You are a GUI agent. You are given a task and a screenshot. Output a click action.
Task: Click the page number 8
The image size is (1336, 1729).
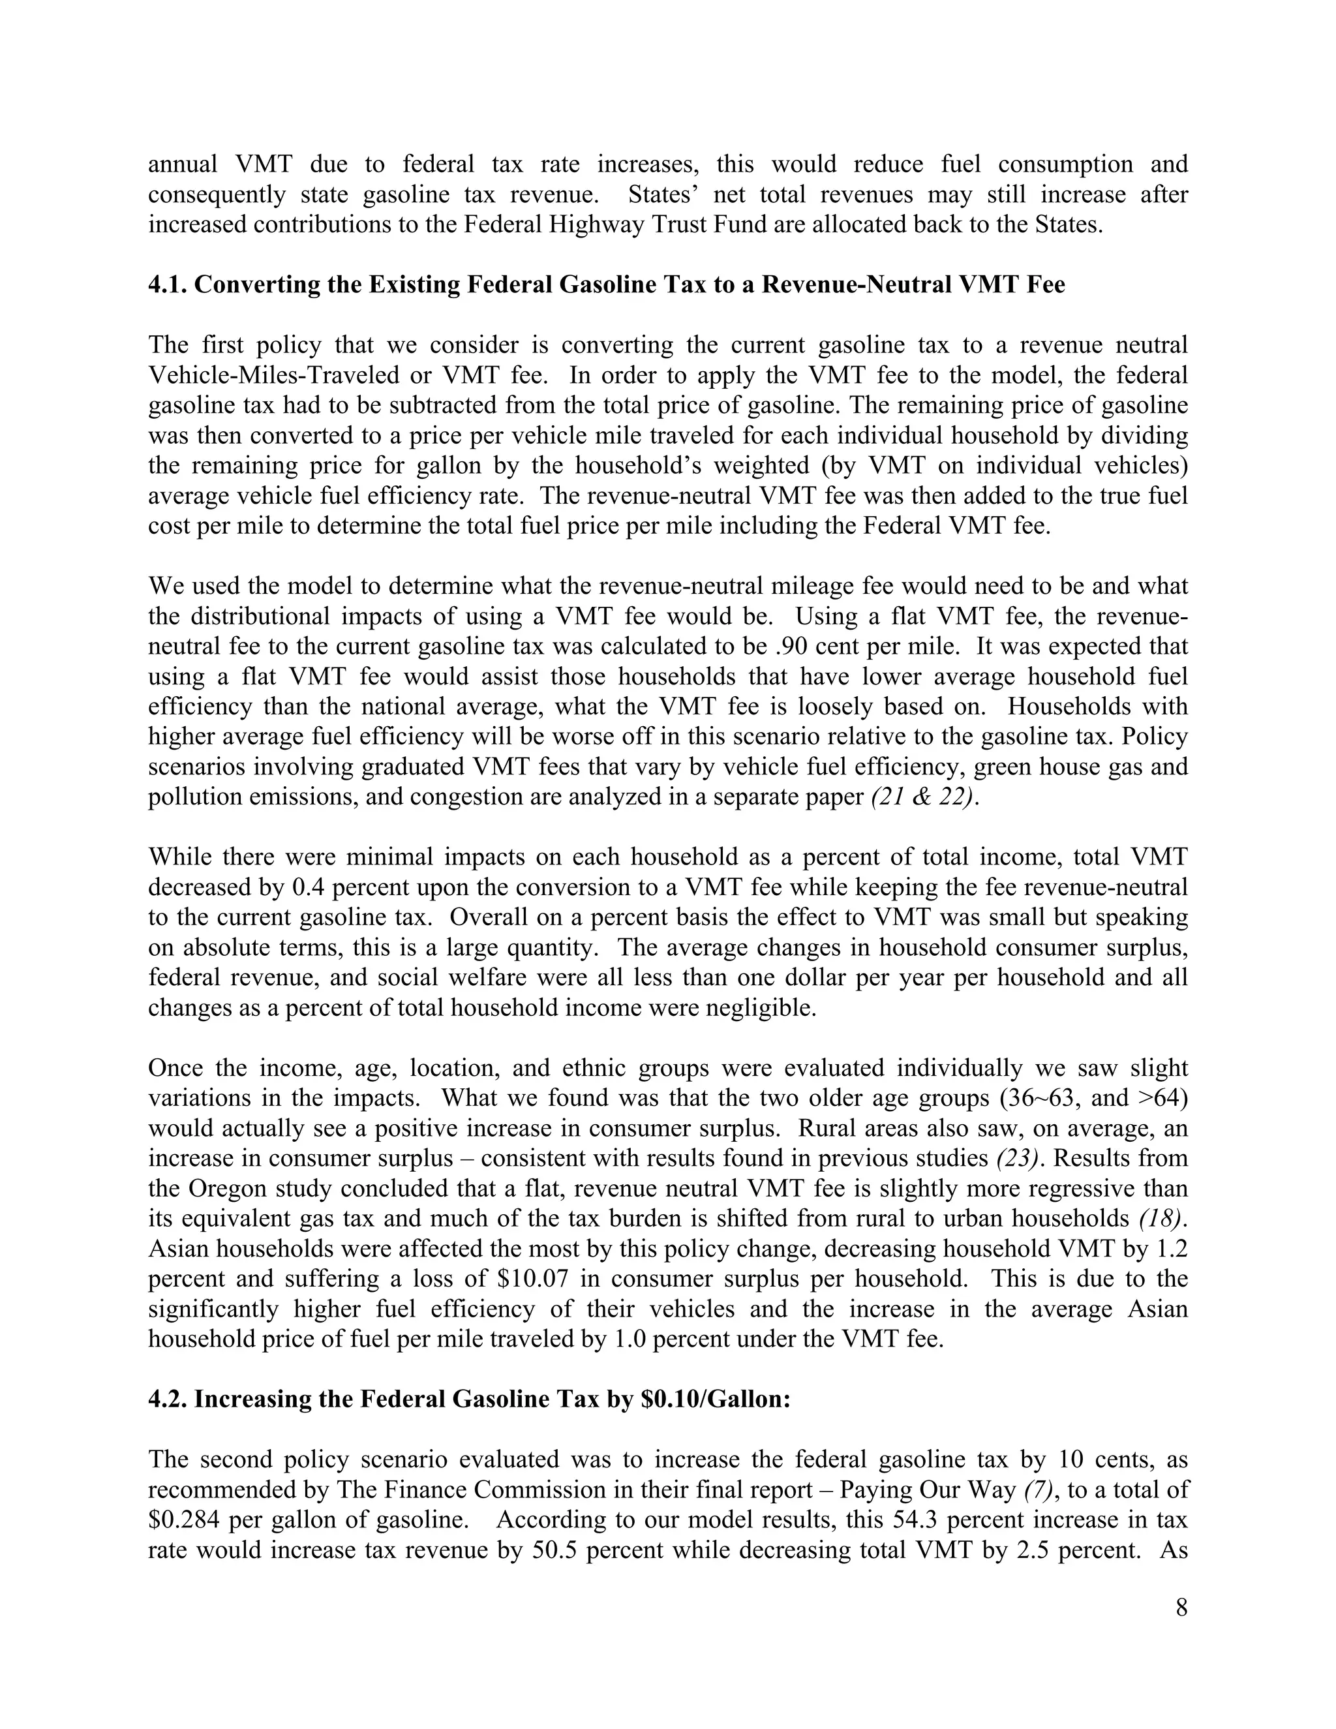coord(1181,1608)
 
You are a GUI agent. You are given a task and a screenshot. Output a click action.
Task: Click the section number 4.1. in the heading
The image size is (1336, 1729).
coord(168,284)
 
